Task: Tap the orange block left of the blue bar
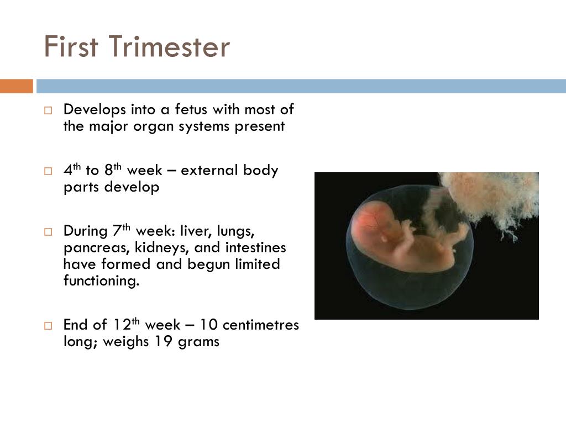16,86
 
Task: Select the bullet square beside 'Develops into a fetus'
48,110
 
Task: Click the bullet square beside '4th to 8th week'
48,171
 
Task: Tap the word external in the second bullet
209,170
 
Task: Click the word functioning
101,281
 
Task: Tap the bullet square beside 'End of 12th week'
48,325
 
